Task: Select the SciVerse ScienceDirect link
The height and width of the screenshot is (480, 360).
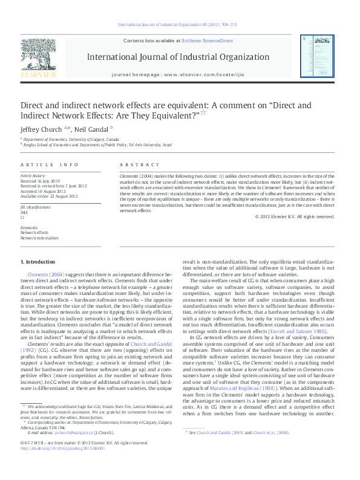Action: click(208, 40)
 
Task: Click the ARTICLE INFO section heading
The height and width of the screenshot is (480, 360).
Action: click(50, 164)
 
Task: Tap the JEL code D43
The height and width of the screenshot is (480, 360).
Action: click(24, 213)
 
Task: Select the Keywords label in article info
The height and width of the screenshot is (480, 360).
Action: click(29, 227)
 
